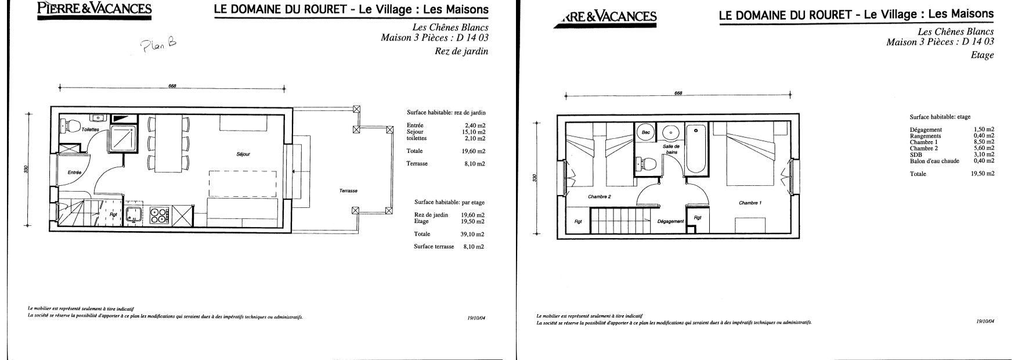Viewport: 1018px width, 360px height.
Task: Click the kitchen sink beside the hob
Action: click(x=134, y=215)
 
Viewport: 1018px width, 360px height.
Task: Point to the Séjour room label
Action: click(x=243, y=154)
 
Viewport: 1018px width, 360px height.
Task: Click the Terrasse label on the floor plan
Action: click(x=348, y=191)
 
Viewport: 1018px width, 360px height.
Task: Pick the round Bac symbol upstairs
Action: click(x=646, y=132)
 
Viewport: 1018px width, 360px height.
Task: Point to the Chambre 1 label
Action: click(x=750, y=203)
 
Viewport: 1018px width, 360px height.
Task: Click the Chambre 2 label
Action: click(x=600, y=196)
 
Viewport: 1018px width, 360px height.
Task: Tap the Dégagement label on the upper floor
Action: click(x=671, y=221)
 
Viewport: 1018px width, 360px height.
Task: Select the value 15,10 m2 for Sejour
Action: click(x=474, y=132)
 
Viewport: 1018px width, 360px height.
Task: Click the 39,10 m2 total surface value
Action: click(x=474, y=235)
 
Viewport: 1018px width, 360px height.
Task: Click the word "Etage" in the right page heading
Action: click(x=982, y=55)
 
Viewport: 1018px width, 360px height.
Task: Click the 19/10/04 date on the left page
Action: click(x=476, y=318)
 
